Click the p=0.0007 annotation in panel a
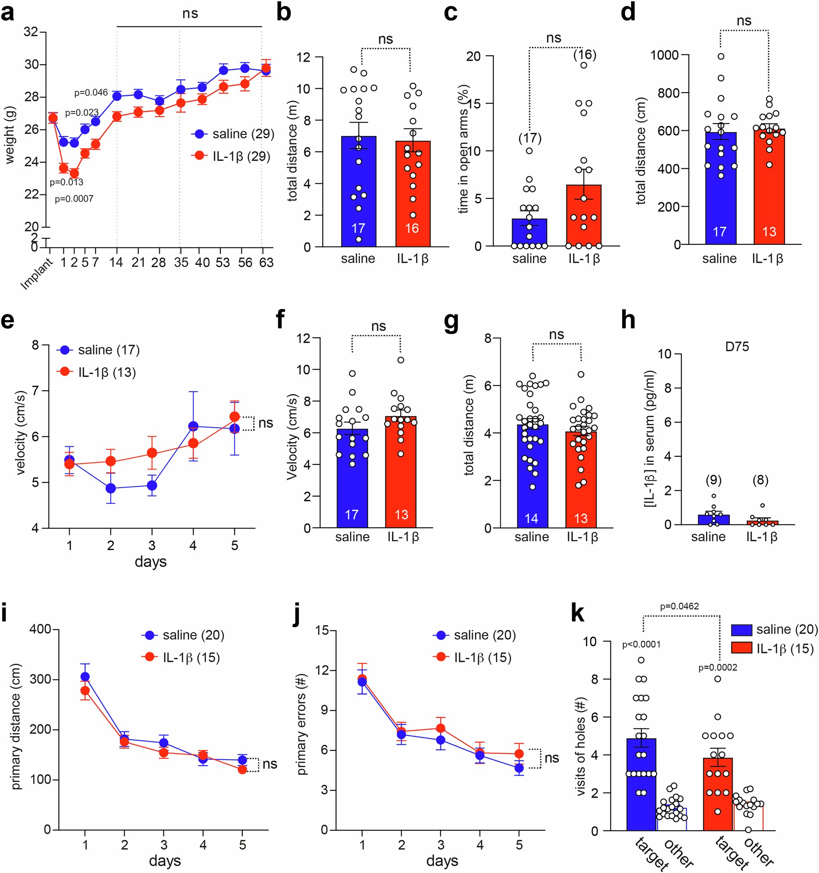tap(74, 198)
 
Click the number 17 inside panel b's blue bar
tap(358, 228)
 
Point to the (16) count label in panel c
tap(585, 55)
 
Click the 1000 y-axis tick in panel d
tap(665, 55)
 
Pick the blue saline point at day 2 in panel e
tap(110, 488)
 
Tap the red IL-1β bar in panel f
tap(401, 476)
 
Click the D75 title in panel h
tap(737, 347)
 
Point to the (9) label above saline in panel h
tap(714, 480)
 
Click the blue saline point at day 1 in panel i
tap(85, 677)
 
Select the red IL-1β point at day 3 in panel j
tap(441, 728)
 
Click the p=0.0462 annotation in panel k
tap(679, 606)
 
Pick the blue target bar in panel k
tap(641, 790)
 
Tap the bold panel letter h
tap(628, 320)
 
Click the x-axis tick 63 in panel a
tap(266, 262)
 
